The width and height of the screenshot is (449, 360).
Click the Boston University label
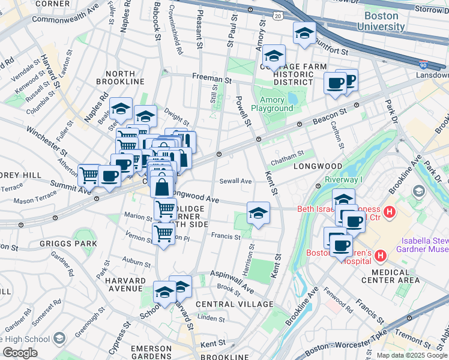click(x=381, y=21)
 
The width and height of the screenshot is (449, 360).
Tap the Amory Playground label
click(x=272, y=103)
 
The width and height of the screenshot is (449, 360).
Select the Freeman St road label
click(x=212, y=77)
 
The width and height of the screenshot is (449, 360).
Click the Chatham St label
click(x=288, y=155)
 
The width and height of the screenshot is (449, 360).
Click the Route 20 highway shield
click(x=277, y=15)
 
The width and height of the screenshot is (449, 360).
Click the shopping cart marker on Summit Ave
click(x=89, y=175)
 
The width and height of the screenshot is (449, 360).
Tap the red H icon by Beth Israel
click(x=390, y=211)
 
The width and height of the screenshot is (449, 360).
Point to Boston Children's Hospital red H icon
click(x=379, y=257)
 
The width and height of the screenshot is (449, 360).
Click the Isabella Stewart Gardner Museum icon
click(x=418, y=190)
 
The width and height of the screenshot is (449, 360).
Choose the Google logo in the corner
click(x=20, y=353)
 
